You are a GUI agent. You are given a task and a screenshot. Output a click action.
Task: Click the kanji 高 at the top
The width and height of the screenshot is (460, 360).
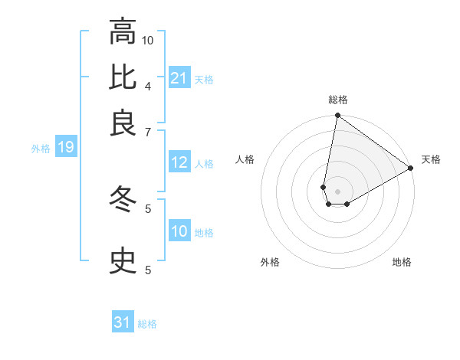tap(123, 33)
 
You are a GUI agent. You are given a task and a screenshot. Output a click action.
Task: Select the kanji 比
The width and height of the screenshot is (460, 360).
tap(123, 77)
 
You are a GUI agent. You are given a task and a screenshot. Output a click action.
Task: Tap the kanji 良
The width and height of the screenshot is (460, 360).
tap(123, 123)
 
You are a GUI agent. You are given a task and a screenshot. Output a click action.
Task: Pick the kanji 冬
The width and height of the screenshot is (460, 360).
tap(123, 200)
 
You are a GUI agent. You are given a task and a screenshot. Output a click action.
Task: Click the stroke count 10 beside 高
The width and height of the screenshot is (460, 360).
tap(149, 40)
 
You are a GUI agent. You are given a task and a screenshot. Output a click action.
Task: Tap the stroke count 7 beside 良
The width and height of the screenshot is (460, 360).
tap(148, 132)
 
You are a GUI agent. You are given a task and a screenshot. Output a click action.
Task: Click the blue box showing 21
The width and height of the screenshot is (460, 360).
tap(179, 77)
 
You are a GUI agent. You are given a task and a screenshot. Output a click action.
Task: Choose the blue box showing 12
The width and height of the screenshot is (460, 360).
tap(179, 162)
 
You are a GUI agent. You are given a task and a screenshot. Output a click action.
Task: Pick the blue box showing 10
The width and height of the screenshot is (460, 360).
tap(179, 231)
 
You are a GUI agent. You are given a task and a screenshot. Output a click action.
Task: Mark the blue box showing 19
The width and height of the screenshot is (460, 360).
tap(65, 147)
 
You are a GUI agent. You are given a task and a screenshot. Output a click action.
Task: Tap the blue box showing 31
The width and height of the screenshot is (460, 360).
tap(123, 322)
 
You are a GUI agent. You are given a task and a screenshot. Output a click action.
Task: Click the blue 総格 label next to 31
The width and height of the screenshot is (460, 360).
tap(147, 324)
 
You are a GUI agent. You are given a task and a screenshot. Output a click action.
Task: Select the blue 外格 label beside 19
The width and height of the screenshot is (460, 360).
tap(40, 149)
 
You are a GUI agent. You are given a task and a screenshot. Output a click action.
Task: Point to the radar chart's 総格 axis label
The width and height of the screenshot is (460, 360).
tap(337, 100)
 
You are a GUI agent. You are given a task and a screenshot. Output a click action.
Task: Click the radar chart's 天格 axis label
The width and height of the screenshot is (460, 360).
tap(431, 159)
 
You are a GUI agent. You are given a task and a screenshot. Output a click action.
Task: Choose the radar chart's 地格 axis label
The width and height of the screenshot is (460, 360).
tap(402, 262)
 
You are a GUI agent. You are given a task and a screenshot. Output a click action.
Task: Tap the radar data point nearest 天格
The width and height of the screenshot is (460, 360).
tap(411, 169)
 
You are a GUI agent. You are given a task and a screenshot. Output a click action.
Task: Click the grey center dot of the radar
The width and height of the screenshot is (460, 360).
tap(337, 191)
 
